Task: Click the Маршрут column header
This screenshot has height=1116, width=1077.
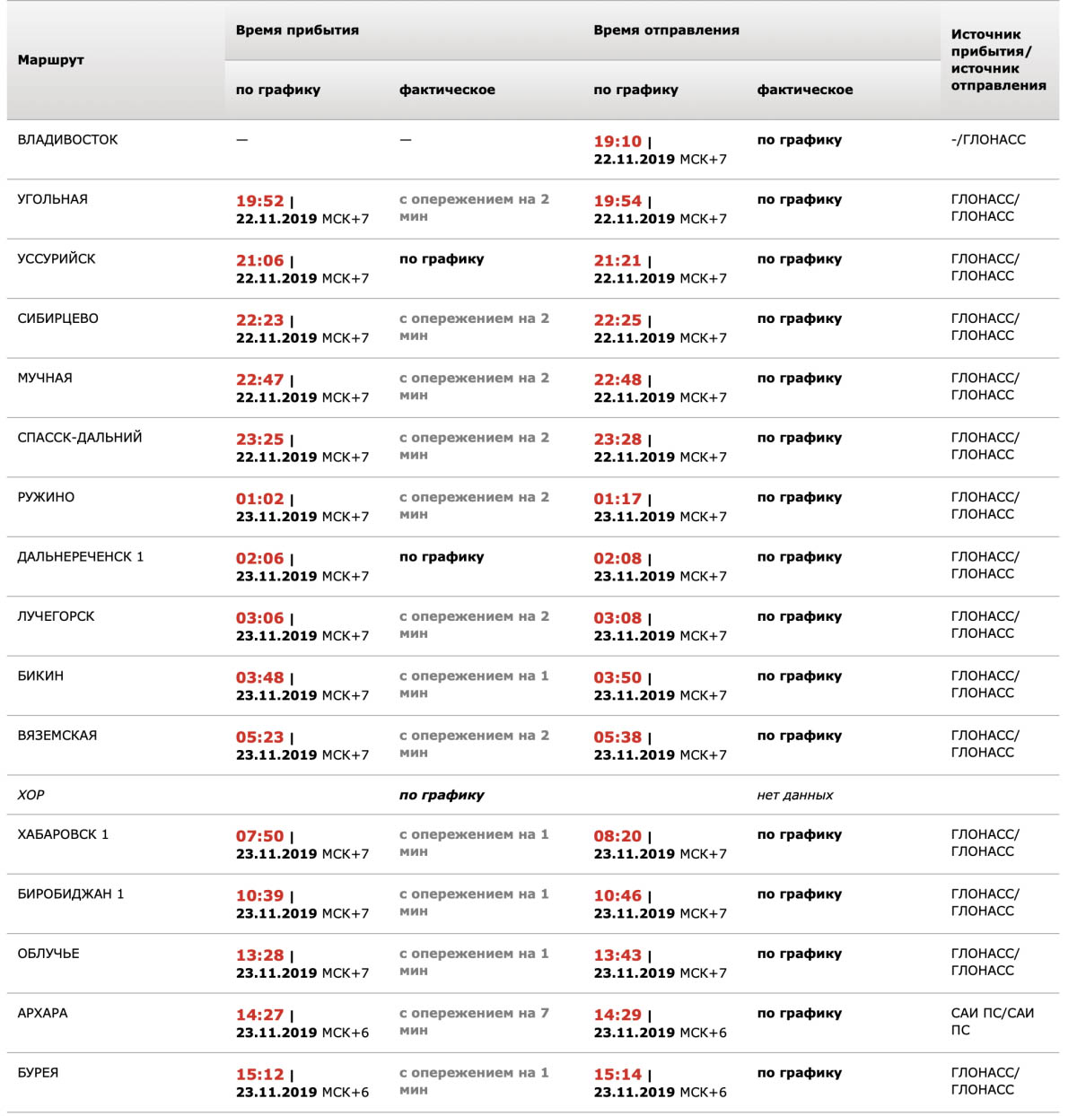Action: point(51,60)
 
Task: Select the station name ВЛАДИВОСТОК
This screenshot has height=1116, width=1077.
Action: point(68,140)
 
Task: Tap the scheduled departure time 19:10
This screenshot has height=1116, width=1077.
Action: point(617,142)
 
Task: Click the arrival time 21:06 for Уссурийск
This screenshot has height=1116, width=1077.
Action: point(259,261)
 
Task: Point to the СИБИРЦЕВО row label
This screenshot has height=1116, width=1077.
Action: point(58,318)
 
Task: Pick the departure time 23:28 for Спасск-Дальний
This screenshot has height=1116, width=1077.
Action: point(617,440)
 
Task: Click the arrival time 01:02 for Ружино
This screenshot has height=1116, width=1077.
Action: point(259,499)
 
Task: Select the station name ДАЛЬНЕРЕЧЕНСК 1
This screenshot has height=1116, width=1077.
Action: point(81,557)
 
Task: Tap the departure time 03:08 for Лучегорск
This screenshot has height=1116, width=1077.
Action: point(617,618)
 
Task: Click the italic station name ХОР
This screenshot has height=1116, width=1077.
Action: point(31,795)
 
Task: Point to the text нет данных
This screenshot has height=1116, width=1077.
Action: point(795,795)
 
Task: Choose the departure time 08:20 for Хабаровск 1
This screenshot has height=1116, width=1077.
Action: point(617,836)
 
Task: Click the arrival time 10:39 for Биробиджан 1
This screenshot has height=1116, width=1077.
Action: point(259,895)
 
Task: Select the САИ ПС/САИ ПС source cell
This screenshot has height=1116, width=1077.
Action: point(992,1022)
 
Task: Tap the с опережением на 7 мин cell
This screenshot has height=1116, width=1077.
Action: point(473,1022)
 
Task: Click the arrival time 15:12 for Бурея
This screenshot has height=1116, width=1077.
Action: point(259,1075)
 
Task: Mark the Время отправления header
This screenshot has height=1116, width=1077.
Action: point(666,31)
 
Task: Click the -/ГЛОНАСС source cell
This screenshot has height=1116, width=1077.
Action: point(988,140)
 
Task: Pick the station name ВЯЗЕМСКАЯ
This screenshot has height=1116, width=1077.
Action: point(57,736)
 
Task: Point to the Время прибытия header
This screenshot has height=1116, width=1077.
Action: point(297,31)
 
